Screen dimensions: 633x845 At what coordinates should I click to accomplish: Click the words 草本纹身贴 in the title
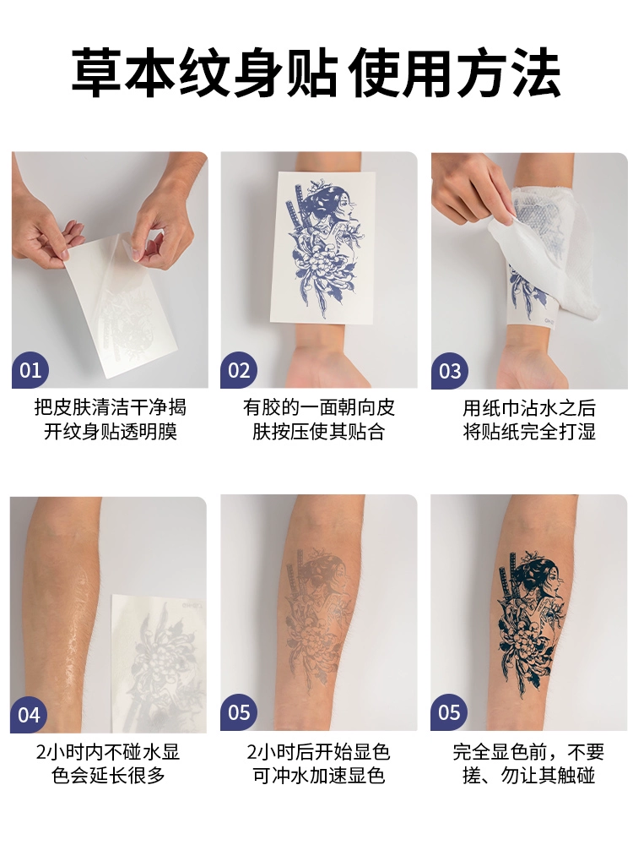pos(205,73)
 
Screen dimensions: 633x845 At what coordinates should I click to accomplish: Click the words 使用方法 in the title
pos(455,73)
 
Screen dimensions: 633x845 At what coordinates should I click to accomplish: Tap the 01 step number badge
pos(30,370)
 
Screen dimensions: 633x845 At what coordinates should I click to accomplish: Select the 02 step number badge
pos(239,370)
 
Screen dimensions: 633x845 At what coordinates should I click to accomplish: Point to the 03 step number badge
pos(450,371)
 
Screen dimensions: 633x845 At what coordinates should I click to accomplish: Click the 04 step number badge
pos(29,715)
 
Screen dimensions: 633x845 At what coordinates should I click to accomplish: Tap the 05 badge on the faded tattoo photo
pos(239,712)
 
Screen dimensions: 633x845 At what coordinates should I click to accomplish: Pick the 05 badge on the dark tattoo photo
pos(448,712)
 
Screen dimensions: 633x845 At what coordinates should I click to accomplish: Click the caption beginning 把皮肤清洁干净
pos(111,419)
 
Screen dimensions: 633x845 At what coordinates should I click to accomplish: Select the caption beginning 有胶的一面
pos(319,419)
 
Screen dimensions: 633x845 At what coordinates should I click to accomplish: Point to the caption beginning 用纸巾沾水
pos(529,419)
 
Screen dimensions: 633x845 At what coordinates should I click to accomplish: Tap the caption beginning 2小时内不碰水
pos(108,763)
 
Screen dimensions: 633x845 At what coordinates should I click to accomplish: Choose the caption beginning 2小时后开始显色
pos(319,763)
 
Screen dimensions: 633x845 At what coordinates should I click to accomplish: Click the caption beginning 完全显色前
pos(528,763)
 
